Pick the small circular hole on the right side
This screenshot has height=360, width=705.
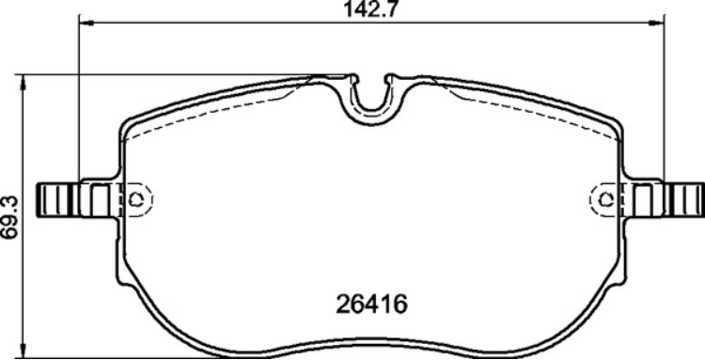(x=606, y=198)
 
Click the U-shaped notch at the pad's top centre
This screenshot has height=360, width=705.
(x=374, y=99)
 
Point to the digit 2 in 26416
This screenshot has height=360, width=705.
(x=343, y=305)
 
